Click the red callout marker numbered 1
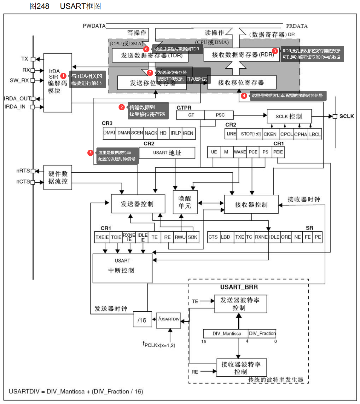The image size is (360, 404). (x=63, y=76)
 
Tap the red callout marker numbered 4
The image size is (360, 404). (x=244, y=95)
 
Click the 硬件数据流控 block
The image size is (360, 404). (x=58, y=177)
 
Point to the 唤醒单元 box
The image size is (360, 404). (x=185, y=202)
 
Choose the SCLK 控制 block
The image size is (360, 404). (x=289, y=116)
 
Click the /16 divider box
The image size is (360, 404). (x=142, y=320)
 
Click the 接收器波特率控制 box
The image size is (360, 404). (x=241, y=368)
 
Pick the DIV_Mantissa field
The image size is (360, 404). (x=226, y=333)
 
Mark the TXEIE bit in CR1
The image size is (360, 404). (x=102, y=237)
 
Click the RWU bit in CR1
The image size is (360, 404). (x=180, y=237)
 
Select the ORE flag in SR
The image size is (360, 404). (x=286, y=237)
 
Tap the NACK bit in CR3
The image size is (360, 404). (x=151, y=133)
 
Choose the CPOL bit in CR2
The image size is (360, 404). (x=287, y=134)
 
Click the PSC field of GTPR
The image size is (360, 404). (x=220, y=115)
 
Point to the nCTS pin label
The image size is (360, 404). (x=23, y=182)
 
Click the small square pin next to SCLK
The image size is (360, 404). (x=335, y=116)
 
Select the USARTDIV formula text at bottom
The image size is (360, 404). (x=76, y=391)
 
